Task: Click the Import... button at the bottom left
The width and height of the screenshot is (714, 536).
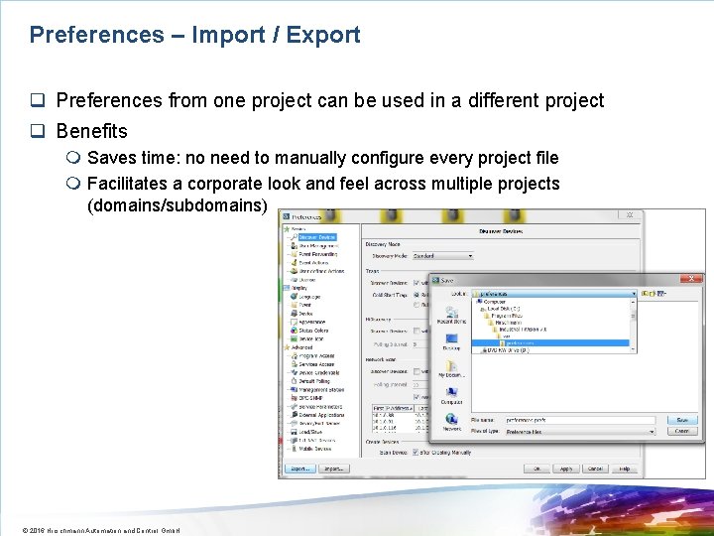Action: [x=334, y=469]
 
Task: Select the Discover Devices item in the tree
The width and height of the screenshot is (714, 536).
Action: [x=316, y=237]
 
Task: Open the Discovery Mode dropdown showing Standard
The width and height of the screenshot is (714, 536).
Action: [x=441, y=256]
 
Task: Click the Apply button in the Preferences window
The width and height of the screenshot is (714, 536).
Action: [x=565, y=469]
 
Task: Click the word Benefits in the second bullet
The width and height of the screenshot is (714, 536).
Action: [x=91, y=131]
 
